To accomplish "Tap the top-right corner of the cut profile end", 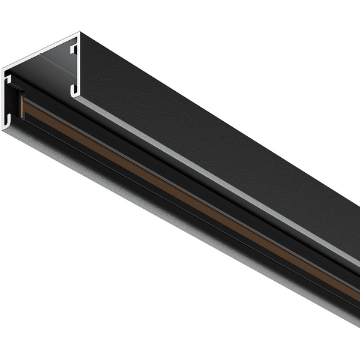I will click(78, 34).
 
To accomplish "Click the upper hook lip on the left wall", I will click(9, 79).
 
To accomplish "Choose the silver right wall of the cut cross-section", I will click(79, 66).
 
